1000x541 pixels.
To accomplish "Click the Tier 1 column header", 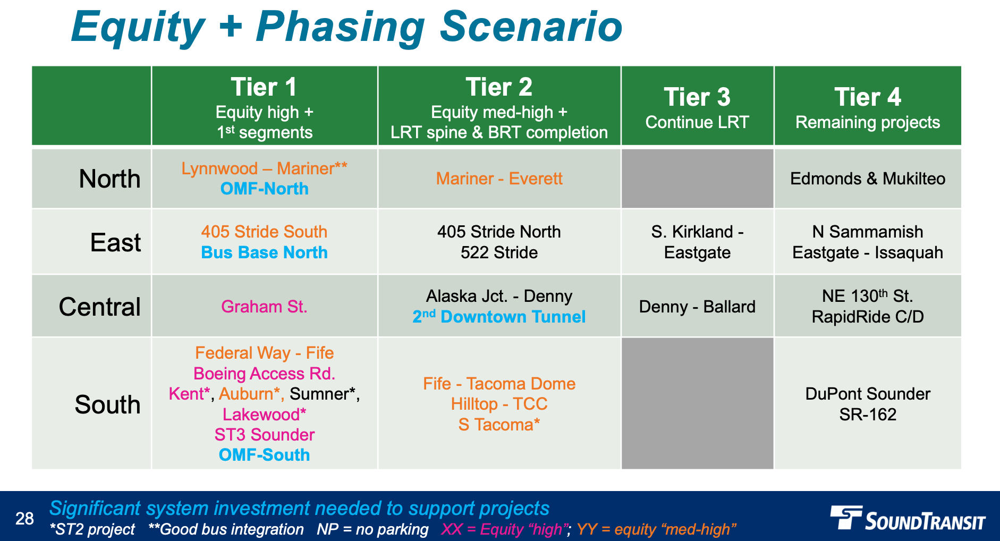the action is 264,106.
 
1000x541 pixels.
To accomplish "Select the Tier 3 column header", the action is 697,106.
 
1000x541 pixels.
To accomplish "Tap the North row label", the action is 109,179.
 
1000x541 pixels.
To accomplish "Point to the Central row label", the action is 99,307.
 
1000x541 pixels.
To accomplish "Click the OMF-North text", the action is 264,189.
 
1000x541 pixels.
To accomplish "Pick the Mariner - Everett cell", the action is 499,179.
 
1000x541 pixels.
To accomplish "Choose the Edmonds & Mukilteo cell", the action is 868,179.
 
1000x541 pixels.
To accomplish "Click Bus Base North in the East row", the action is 264,252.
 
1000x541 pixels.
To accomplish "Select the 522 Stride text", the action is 499,252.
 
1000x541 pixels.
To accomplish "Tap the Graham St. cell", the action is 264,307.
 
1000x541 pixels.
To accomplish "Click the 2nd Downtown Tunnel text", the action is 499,317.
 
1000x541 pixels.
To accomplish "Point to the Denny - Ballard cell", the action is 697,307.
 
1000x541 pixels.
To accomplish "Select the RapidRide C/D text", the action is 868,317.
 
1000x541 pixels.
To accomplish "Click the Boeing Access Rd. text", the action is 264,374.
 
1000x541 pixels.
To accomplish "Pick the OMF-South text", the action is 264,455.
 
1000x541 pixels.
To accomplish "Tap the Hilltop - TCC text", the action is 499,404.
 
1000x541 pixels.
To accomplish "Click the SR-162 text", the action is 868,415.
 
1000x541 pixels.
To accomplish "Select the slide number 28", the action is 24,519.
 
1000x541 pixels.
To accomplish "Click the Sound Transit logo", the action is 908,518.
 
